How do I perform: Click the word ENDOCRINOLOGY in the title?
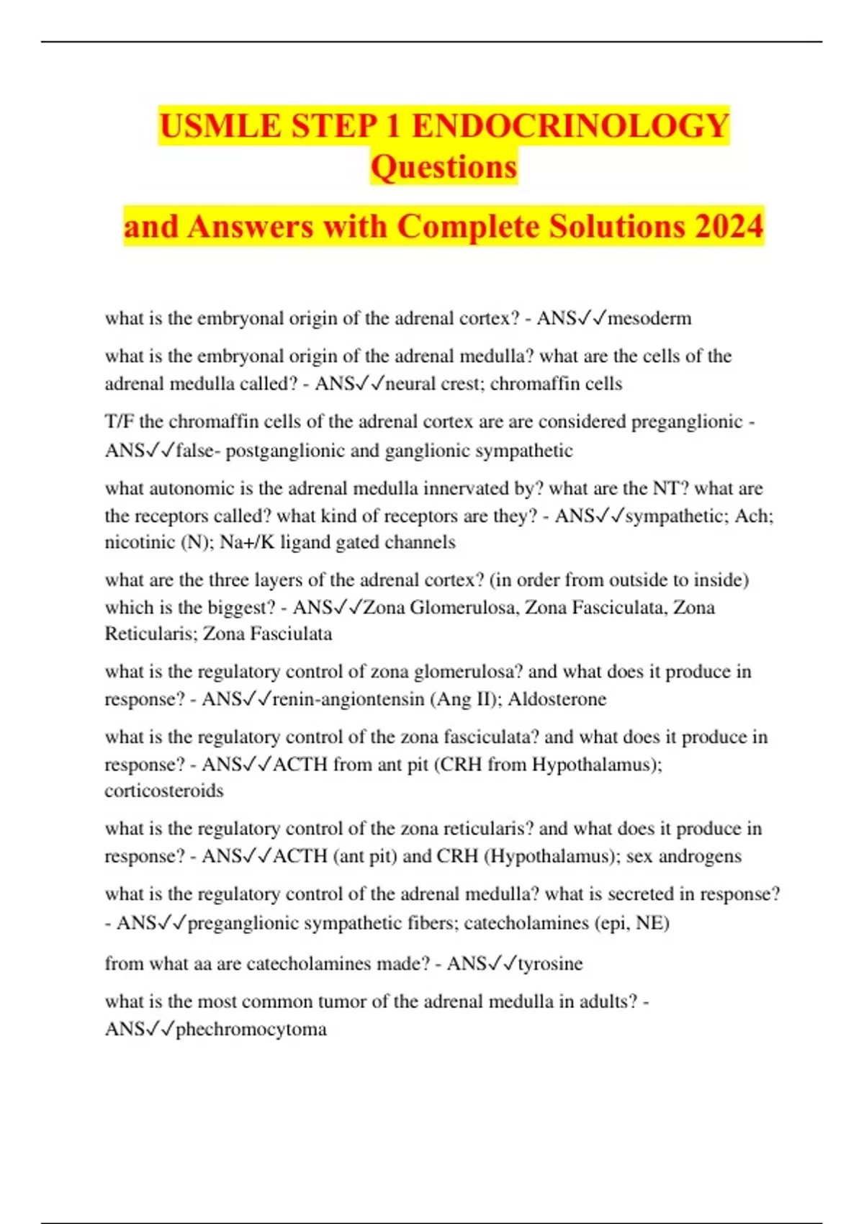[x=570, y=126]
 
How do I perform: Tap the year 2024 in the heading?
[x=729, y=226]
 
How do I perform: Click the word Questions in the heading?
[x=444, y=167]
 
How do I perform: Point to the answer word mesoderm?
[x=649, y=318]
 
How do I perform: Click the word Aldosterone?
[x=557, y=699]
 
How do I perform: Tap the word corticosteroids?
[x=164, y=791]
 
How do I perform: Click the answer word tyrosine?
[x=550, y=963]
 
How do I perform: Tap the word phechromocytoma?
[x=251, y=1029]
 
